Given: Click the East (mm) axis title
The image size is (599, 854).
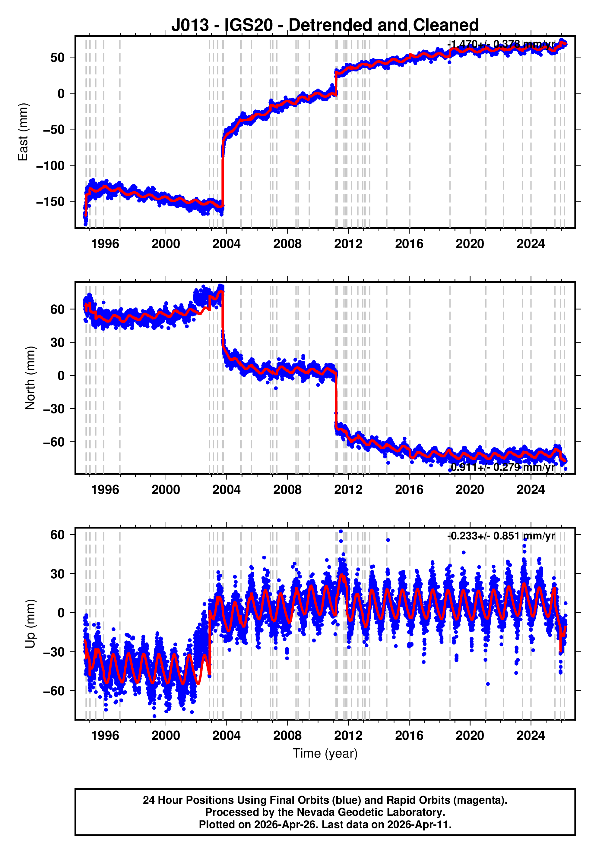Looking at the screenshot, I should point(23,132).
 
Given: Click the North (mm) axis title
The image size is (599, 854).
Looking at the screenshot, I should point(30,378).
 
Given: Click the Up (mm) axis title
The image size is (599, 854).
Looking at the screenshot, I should point(30,624).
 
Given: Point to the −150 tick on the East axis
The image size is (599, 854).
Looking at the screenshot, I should point(50,201).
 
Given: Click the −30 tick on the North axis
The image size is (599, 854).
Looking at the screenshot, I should point(54,408).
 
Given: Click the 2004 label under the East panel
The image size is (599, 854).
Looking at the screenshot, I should point(226,244).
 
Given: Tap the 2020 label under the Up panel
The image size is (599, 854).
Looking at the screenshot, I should point(470,735).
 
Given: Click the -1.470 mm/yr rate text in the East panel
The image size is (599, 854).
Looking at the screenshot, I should point(501,44).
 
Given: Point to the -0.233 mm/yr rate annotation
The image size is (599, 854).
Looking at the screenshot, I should point(501,536).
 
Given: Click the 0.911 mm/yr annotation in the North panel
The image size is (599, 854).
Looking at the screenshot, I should point(502,467).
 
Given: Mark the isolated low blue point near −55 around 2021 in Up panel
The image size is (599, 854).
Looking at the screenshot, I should point(488,684).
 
